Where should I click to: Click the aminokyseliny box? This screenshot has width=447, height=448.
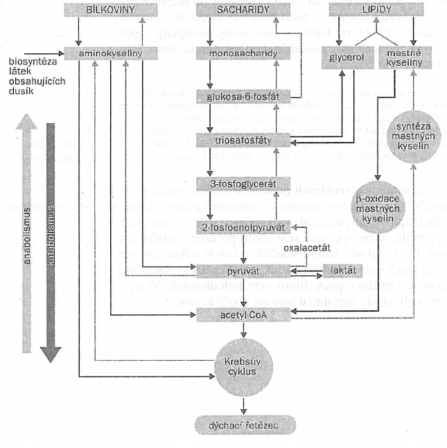pos(107,53)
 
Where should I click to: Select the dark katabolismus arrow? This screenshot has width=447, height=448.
pos(50,239)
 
